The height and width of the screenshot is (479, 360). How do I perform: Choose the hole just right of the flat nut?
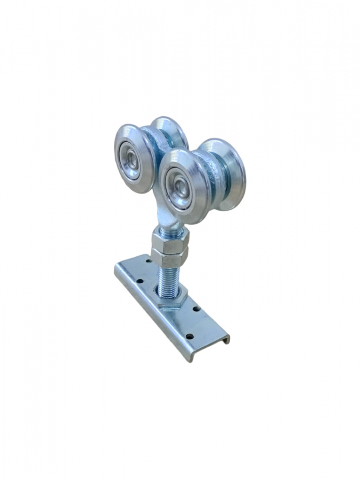197,309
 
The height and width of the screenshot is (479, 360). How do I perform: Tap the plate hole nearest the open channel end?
189,336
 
